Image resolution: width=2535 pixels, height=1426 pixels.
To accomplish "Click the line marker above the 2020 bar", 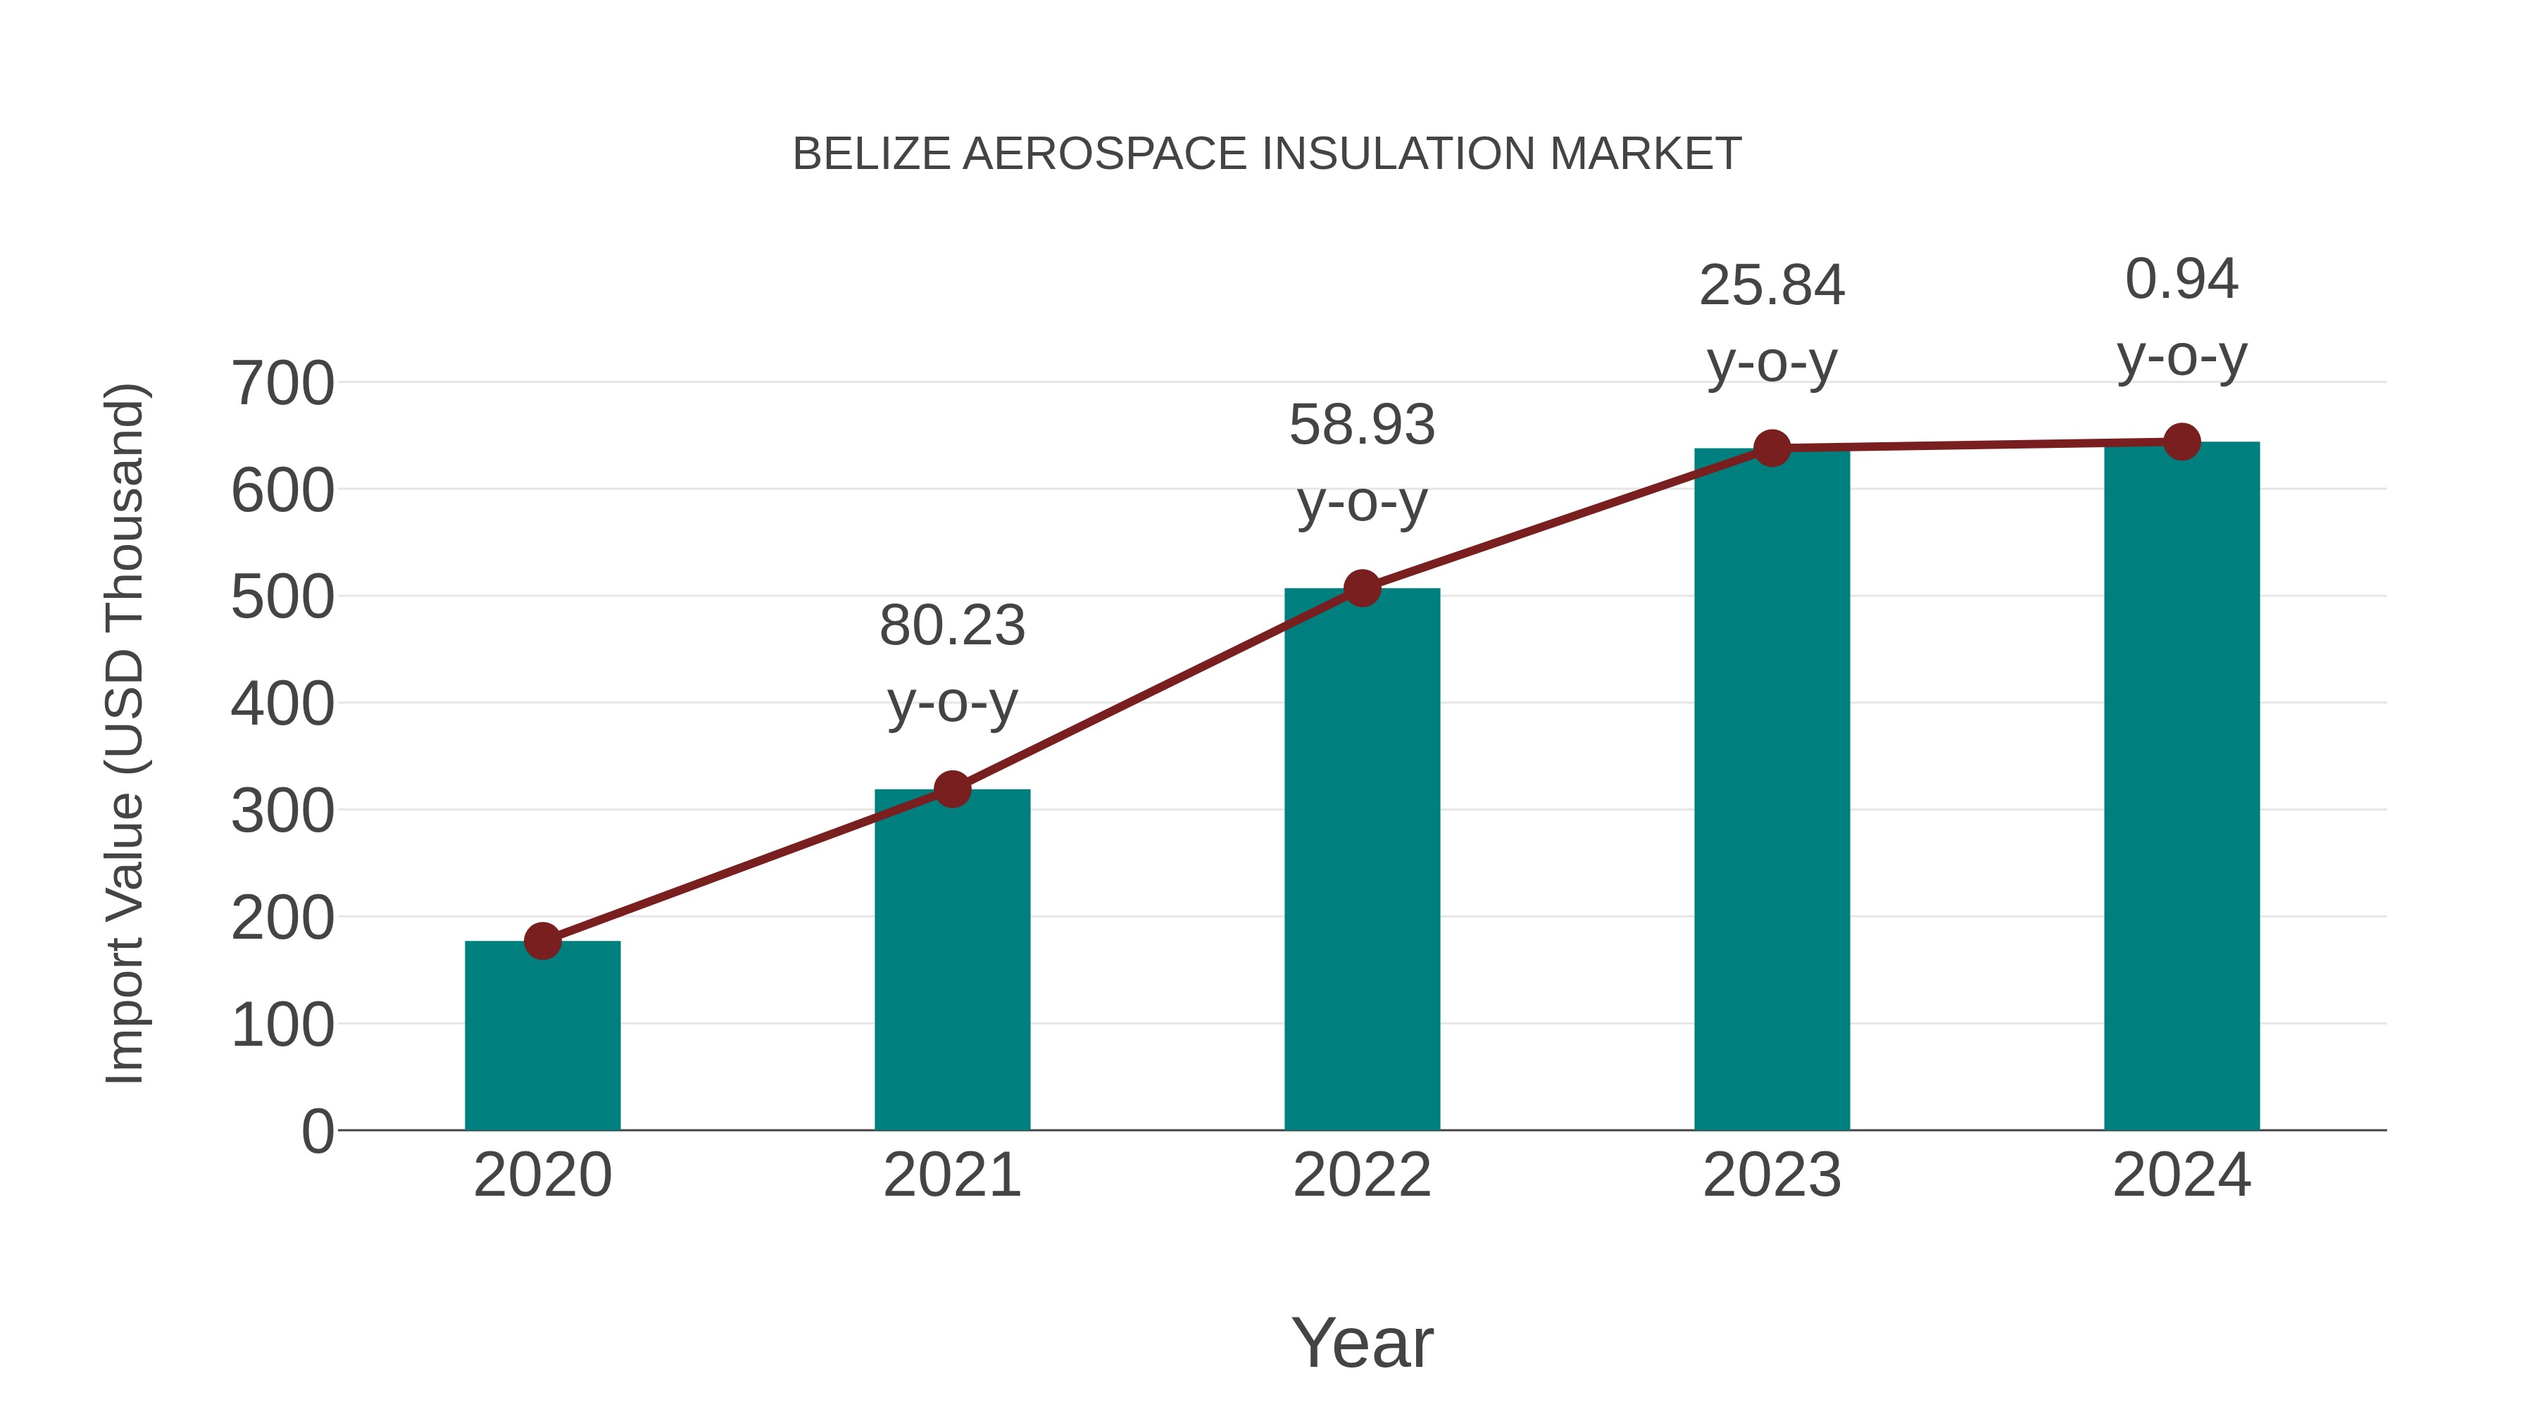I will [542, 941].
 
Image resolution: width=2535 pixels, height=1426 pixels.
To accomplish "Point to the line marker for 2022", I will [1362, 589].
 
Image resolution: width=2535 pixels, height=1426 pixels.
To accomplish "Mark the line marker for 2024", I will [2182, 442].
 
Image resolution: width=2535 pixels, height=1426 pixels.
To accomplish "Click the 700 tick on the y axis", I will [282, 384].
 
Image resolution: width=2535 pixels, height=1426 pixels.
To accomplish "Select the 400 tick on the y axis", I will [282, 705].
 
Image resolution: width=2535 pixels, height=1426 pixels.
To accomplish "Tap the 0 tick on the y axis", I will [317, 1132].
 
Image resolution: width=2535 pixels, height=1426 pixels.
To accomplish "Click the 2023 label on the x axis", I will [1772, 1175].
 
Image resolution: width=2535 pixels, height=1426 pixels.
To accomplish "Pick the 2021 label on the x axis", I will [951, 1175].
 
